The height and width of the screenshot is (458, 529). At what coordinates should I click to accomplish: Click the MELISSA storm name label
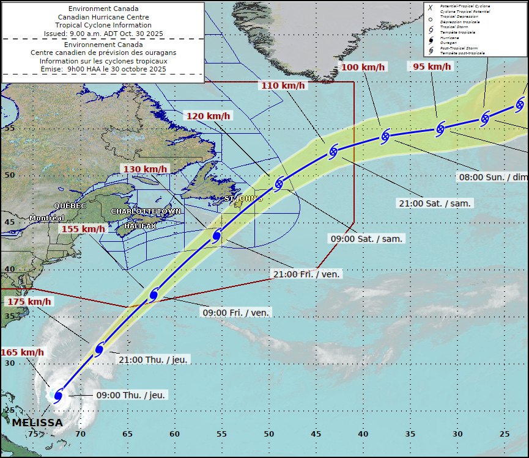pos(37,423)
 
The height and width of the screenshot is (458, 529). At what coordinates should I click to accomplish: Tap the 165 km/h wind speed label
pos(22,352)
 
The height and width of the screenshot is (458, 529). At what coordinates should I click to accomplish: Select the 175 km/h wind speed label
pos(29,302)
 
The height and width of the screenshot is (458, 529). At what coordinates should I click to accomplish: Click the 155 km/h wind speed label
pos(83,229)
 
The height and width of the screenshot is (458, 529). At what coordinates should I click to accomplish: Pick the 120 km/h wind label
pos(209,116)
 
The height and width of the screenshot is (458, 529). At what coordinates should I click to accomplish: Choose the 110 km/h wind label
pos(283,85)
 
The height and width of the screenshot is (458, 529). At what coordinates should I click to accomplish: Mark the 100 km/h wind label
pos(363,67)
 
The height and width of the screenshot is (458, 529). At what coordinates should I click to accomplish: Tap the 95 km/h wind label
pos(432,67)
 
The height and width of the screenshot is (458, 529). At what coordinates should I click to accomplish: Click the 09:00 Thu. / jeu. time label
pos(131,395)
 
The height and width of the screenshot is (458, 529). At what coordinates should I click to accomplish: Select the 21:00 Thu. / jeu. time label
pos(154,359)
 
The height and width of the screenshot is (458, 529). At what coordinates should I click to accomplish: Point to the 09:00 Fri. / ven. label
pos(235,313)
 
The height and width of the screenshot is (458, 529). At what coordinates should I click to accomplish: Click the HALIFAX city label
pos(139,226)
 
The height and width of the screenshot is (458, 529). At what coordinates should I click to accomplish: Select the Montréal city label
pos(46,218)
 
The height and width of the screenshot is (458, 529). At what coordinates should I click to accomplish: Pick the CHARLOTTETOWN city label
pos(146,211)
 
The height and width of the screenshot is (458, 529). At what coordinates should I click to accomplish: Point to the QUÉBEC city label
pos(70,206)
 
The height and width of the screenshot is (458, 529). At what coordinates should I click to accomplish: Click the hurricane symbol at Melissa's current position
pos(58,395)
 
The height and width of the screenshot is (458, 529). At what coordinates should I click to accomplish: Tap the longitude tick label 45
pos(316,434)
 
